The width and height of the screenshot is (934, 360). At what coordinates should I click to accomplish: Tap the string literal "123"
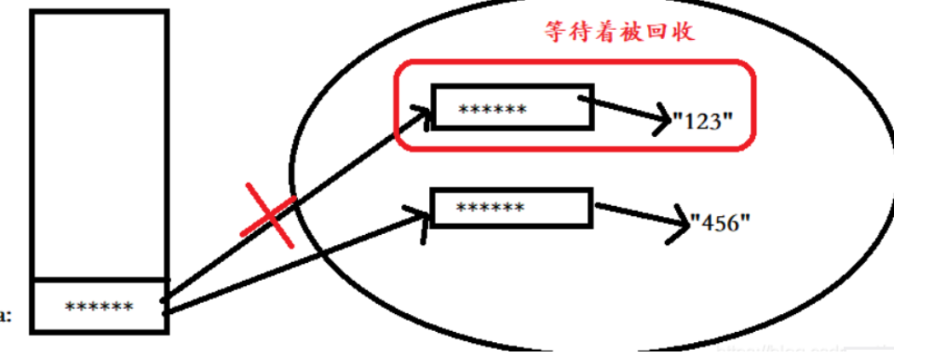[x=702, y=121]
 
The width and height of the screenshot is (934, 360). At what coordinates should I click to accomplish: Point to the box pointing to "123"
[x=512, y=107]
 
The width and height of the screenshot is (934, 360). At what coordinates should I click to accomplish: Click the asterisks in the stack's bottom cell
[x=100, y=307]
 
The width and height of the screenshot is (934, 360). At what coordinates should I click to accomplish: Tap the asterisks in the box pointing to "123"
[x=492, y=110]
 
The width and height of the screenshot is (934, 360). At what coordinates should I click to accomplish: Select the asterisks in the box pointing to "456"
[x=490, y=208]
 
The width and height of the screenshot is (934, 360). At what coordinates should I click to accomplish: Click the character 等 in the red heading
[x=555, y=32]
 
